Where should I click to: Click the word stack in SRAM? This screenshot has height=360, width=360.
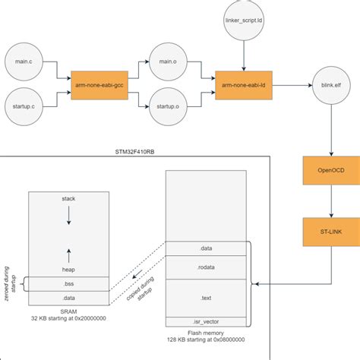coord(68,199)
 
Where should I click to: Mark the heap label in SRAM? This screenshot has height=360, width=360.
coord(68,270)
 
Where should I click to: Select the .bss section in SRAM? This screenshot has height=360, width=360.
coord(68,284)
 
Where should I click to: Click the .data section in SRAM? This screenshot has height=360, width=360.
coord(68,298)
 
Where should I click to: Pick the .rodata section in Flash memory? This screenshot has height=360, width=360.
coord(206,267)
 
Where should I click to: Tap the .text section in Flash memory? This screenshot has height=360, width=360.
coord(206,298)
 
